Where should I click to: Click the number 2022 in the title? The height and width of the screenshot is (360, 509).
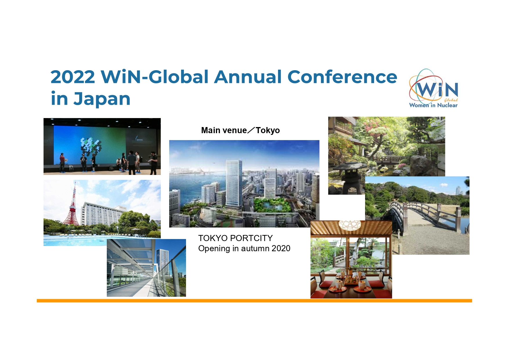click(x=73, y=77)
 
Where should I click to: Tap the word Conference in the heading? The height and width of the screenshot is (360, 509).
click(x=342, y=77)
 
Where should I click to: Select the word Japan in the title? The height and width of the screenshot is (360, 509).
click(x=102, y=99)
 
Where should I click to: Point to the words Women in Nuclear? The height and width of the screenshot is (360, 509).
click(x=433, y=105)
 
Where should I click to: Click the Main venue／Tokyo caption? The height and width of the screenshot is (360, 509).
click(x=241, y=130)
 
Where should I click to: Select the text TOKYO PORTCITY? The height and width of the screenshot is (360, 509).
click(x=235, y=238)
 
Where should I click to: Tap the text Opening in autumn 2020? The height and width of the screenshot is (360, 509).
click(x=244, y=249)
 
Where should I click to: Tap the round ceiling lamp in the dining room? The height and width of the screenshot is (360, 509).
click(x=350, y=225)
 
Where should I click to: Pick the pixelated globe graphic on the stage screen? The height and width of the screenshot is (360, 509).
click(x=91, y=146)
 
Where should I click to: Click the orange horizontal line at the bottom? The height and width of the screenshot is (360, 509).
click(x=254, y=301)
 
